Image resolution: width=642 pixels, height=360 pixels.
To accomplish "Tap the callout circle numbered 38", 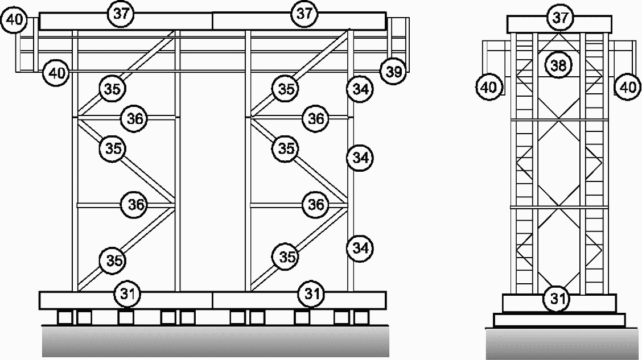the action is [x=558, y=65].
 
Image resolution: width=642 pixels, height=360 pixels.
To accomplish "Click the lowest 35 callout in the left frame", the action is [x=113, y=260].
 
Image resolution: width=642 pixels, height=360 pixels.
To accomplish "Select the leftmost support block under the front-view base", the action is [x=64, y=316].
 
